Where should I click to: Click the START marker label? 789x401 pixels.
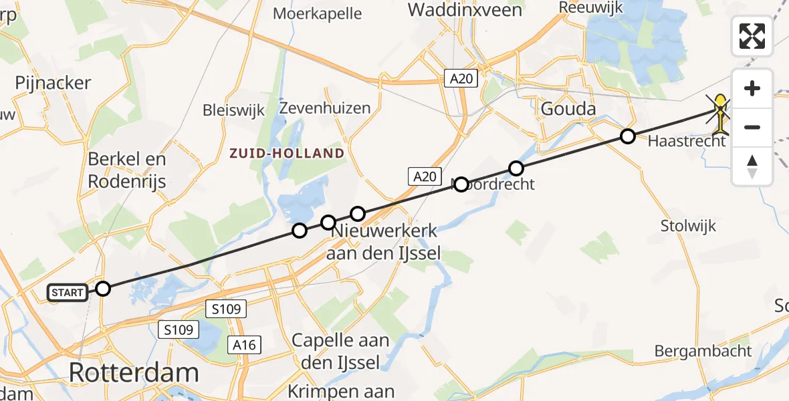(68, 292)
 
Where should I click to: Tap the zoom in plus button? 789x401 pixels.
(752, 88)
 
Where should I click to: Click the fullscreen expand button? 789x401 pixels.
(752, 35)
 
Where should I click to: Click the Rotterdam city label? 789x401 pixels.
(134, 372)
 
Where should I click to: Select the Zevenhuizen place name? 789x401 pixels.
(325, 108)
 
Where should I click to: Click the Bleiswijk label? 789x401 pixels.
(234, 110)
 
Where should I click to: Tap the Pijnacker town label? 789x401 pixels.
(53, 84)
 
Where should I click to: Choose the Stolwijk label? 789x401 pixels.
(688, 225)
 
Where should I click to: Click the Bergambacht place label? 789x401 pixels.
(703, 351)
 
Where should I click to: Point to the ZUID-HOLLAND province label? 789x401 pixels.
(286, 153)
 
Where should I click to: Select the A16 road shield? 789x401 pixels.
(243, 344)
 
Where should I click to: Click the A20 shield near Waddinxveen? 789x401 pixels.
(461, 79)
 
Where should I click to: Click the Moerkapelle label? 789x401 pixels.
(318, 13)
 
